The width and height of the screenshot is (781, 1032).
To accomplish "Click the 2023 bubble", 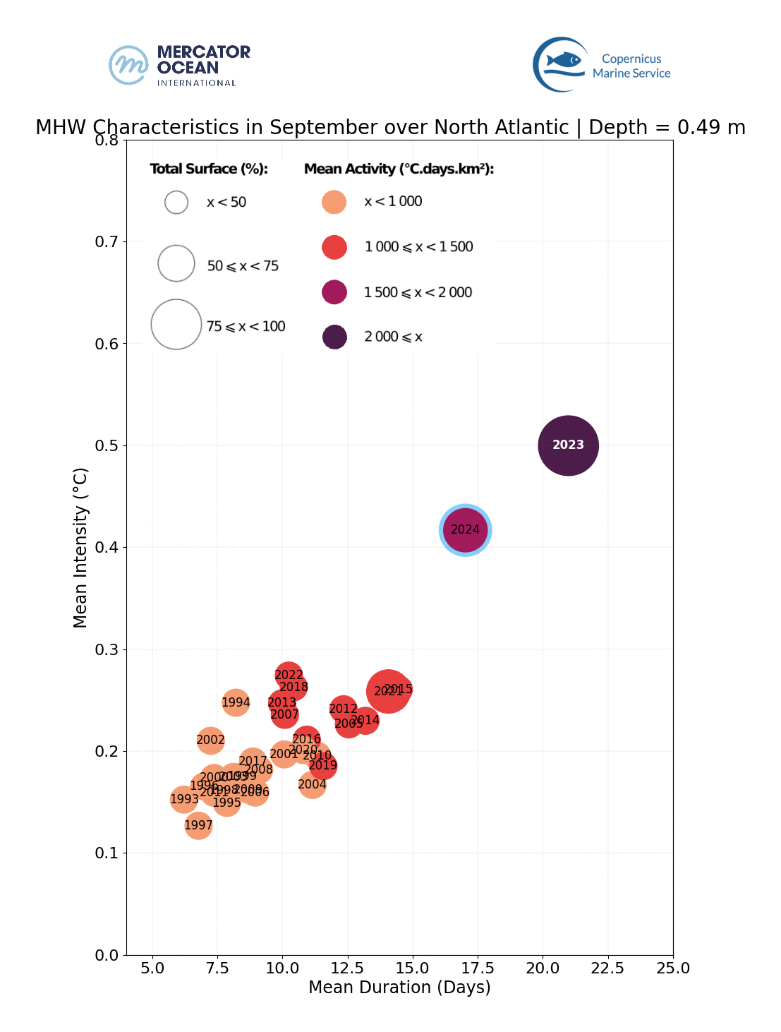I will tap(568, 445).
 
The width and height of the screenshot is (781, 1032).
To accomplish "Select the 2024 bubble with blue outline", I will tap(465, 530).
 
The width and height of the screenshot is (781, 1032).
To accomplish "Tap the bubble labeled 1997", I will tap(199, 825).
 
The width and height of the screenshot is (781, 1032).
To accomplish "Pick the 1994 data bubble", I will tap(236, 702).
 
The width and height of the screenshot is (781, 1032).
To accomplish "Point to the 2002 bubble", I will tap(210, 740).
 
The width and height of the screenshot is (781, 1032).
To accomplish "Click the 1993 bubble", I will tap(184, 799).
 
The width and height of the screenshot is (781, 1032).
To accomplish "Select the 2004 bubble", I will tap(312, 784).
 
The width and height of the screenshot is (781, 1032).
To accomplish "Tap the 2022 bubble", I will tap(289, 675).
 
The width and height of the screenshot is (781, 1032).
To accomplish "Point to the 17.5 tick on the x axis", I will tap(478, 968).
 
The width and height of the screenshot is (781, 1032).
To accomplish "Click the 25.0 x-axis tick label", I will tap(673, 968).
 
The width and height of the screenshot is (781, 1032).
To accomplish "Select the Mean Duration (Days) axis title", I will tap(399, 988).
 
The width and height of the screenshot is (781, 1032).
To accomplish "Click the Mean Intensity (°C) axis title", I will tap(80, 547).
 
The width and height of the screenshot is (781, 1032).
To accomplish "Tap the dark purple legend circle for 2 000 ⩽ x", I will tap(334, 337).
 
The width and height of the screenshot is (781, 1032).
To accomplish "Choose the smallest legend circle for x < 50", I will tap(176, 203).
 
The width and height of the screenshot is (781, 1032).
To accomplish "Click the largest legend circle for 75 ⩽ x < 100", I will tap(176, 325).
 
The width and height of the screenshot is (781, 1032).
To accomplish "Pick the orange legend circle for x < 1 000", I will tap(334, 202).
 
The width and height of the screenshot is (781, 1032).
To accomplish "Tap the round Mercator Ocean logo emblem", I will tap(128, 65).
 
